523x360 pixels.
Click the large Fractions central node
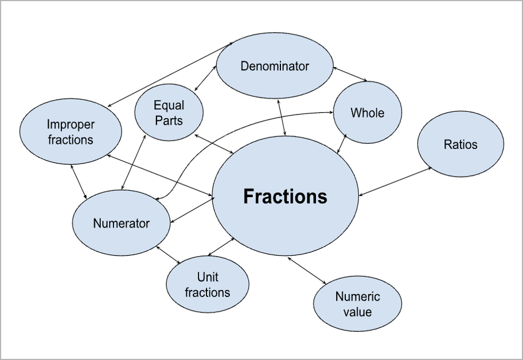[285, 196]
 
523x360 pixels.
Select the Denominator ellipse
[275, 66]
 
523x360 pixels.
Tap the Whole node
[368, 112]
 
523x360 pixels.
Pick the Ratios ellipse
[460, 144]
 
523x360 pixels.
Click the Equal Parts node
[169, 112]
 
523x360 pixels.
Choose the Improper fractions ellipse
[71, 132]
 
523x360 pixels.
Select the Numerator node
[121, 224]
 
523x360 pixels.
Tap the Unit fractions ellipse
[208, 285]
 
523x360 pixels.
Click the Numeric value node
[357, 304]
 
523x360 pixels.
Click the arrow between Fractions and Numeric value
[307, 270]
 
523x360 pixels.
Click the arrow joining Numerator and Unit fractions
[169, 255]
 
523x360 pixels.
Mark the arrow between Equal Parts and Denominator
[205, 79]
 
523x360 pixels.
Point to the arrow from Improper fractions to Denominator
[171, 74]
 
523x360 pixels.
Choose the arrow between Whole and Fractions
[342, 142]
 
